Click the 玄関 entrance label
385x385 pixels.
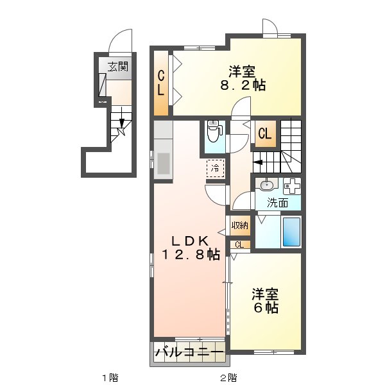coord(117,66)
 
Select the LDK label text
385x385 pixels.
coord(190,241)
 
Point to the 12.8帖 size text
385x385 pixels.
coord(190,255)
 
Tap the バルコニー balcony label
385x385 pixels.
coord(189,353)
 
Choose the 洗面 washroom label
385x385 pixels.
coord(277,203)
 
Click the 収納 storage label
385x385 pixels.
coord(240,225)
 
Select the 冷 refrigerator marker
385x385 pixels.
coord(216,167)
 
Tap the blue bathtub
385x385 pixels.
coord(291,232)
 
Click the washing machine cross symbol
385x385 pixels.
coord(293,186)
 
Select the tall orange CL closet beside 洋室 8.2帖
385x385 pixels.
coord(161,83)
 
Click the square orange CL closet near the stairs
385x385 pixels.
coord(264,134)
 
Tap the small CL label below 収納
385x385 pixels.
coord(239,244)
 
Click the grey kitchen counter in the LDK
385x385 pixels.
coord(162,151)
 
